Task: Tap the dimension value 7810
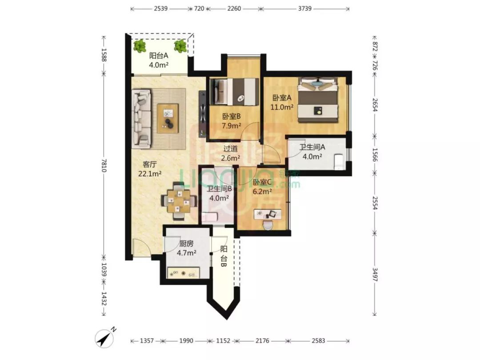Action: coord(104,165)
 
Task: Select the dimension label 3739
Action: coord(305,8)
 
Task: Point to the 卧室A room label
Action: coord(282,98)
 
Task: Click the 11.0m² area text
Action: coord(282,107)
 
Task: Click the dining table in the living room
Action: coord(179,201)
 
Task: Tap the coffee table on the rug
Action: coord(168,119)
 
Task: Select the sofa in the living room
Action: coord(141,119)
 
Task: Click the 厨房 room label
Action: coord(186,244)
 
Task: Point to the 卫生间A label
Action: coord(312,147)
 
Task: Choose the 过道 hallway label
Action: coord(230,149)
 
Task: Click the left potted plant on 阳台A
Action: coord(140,46)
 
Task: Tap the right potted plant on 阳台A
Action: coord(180,46)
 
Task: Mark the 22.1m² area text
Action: coord(150,174)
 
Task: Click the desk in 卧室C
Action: coord(268,214)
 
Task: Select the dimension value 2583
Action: coord(318,341)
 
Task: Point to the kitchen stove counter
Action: coord(184,273)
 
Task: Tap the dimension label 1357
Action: coord(147,341)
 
